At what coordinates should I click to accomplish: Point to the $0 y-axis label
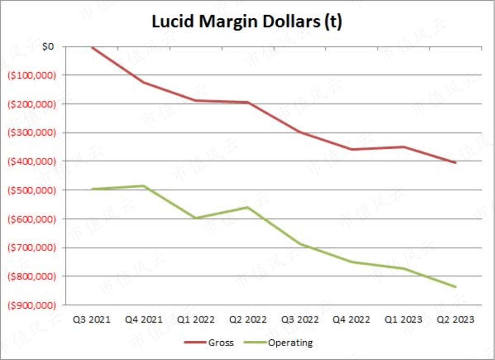(47, 46)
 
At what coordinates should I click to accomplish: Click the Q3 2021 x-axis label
(92, 319)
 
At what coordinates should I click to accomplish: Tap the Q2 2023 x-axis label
(456, 319)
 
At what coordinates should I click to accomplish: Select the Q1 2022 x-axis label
(196, 319)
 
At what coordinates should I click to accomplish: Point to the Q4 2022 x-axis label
(352, 319)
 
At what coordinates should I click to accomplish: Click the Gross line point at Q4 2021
(144, 82)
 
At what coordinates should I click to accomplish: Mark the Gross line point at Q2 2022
(248, 102)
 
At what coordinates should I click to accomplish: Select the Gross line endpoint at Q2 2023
(456, 163)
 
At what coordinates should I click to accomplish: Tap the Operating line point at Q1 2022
(196, 218)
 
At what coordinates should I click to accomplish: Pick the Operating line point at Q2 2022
(248, 207)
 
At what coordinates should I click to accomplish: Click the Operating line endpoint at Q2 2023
(456, 287)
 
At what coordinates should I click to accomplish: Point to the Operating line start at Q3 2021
(92, 189)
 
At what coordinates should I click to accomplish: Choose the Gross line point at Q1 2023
(404, 147)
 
